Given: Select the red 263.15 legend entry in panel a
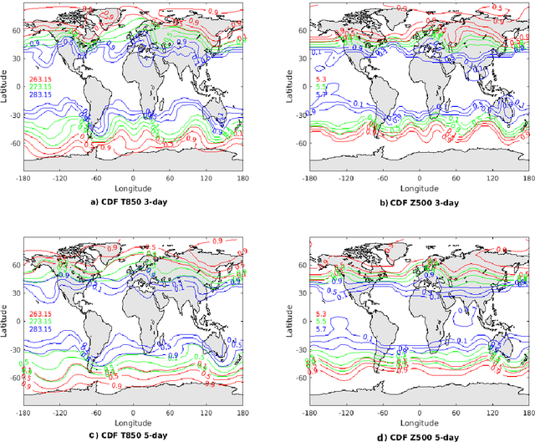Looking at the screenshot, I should point(41,56).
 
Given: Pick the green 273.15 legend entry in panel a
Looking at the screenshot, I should point(41,64).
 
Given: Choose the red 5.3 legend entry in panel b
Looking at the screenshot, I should point(320,56).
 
